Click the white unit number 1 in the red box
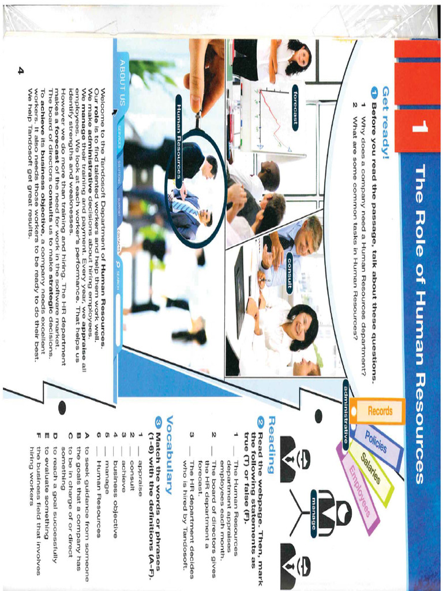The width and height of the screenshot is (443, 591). (419, 128)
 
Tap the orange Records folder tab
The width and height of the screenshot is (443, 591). (380, 411)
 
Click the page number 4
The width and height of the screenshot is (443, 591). (21, 70)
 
